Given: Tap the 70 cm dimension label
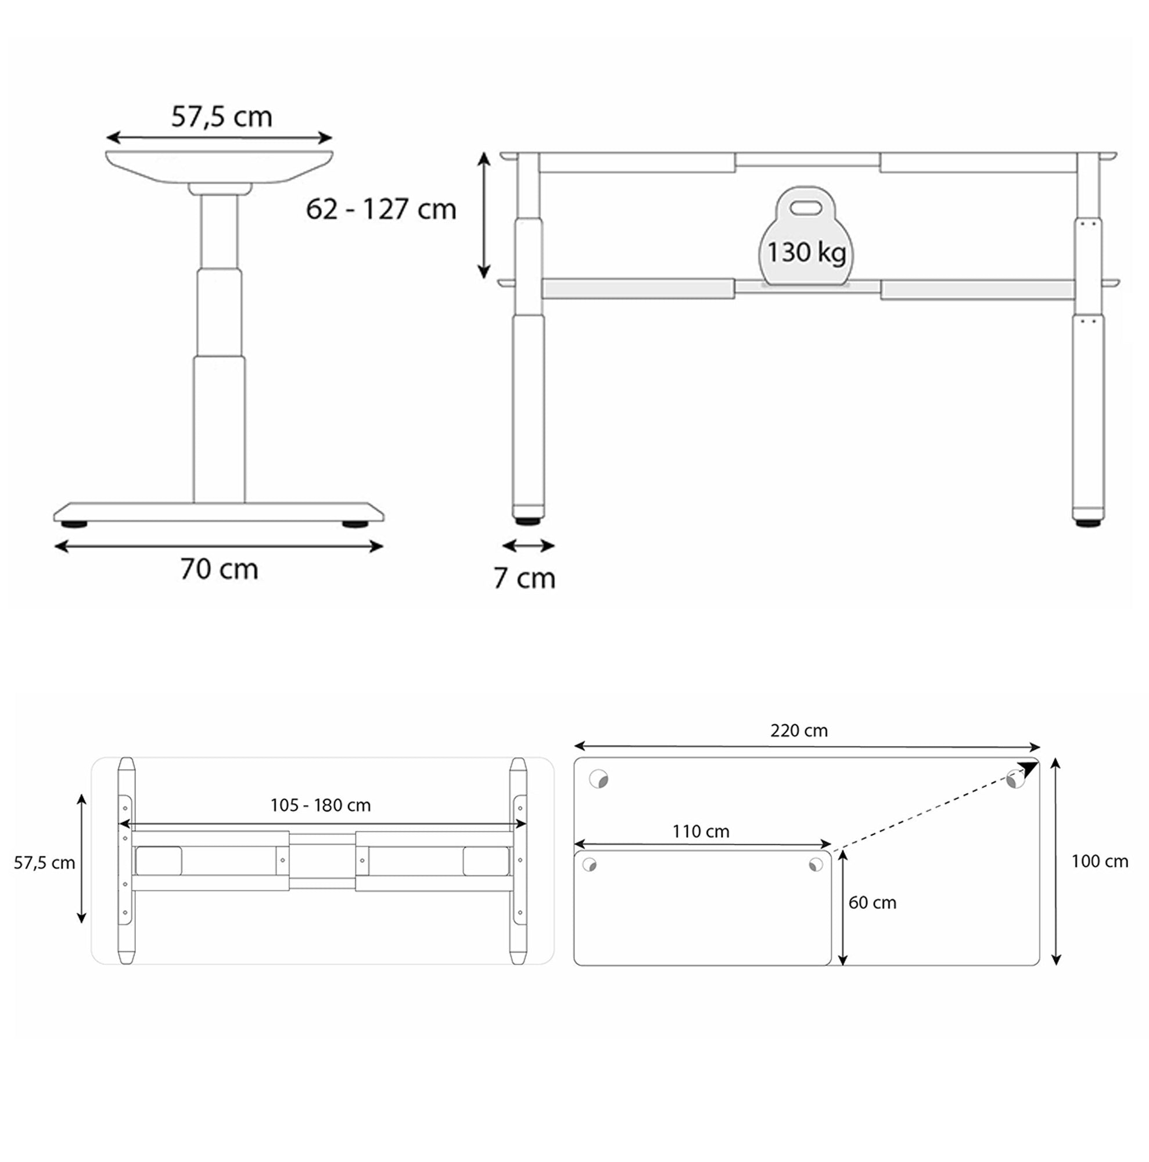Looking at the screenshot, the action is click(x=219, y=569).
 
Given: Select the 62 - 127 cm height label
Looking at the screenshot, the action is click(x=380, y=209).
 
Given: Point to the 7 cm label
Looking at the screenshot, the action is click(x=525, y=578).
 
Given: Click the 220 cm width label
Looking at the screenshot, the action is click(x=799, y=731).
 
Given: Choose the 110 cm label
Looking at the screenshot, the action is click(x=701, y=832).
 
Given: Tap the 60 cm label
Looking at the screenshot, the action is click(x=872, y=903).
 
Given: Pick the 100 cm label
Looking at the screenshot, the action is click(x=1099, y=861).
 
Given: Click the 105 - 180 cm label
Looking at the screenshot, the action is click(x=321, y=805).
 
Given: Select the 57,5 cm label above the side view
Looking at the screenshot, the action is click(x=221, y=117).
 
